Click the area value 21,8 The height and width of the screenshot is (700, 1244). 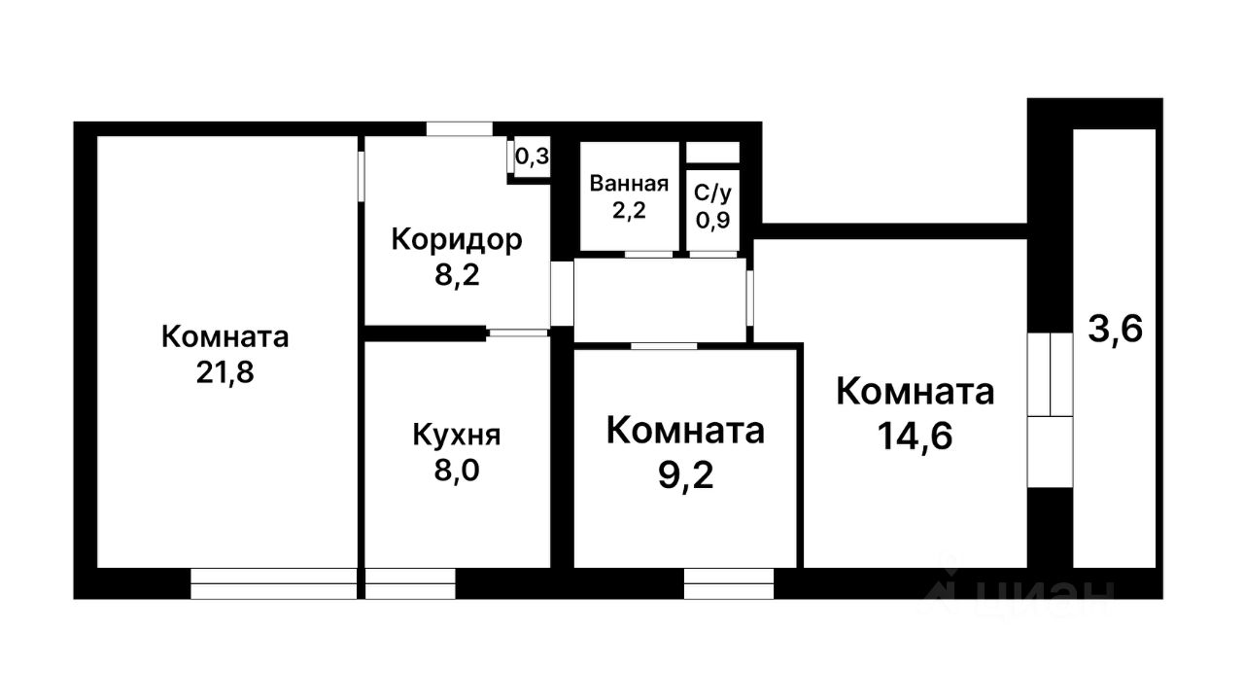[225, 373]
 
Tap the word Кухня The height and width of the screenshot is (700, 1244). [457, 435]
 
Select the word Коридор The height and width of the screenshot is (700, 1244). [457, 239]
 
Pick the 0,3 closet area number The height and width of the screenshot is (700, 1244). [531, 157]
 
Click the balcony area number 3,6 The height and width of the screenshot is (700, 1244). [1115, 330]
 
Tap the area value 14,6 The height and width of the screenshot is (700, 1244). [915, 435]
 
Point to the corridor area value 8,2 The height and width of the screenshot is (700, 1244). [457, 275]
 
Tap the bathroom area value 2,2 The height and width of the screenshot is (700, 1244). [629, 210]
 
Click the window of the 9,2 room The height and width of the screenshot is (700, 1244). [729, 583]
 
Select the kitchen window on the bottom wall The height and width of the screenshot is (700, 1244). [409, 583]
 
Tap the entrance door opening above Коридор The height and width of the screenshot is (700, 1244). [459, 128]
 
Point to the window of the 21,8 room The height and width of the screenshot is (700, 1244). [274, 583]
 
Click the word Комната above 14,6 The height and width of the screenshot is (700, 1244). [915, 392]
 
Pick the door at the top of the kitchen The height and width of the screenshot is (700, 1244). [518, 333]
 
